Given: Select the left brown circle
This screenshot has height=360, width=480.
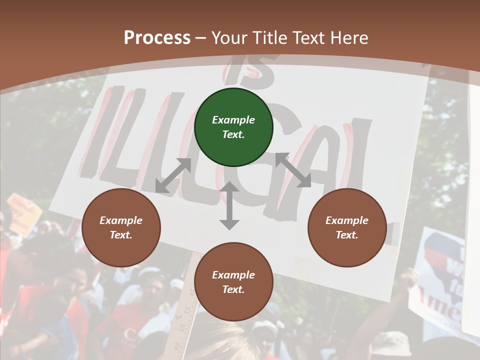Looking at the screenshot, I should pyautogui.click(x=121, y=227).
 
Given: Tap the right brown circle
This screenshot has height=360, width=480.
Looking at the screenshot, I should pyautogui.click(x=347, y=227).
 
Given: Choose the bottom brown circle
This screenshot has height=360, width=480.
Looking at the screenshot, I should pyautogui.click(x=233, y=282).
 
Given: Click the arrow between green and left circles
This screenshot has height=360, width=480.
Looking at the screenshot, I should pyautogui.click(x=173, y=175).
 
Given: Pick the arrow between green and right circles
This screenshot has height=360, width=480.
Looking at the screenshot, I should pyautogui.click(x=293, y=170).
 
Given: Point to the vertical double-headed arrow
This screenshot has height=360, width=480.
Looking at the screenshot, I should pyautogui.click(x=229, y=205).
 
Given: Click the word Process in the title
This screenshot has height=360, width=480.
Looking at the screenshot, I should pyautogui.click(x=157, y=37).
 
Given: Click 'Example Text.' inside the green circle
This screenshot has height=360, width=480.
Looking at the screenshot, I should pyautogui.click(x=233, y=127).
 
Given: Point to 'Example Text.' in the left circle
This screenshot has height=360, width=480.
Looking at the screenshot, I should pyautogui.click(x=121, y=227).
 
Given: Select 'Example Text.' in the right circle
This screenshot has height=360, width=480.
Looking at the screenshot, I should pyautogui.click(x=347, y=227).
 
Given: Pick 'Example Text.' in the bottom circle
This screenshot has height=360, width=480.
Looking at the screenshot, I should pyautogui.click(x=233, y=282).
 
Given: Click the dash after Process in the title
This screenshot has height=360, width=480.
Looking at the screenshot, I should pyautogui.click(x=201, y=38).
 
